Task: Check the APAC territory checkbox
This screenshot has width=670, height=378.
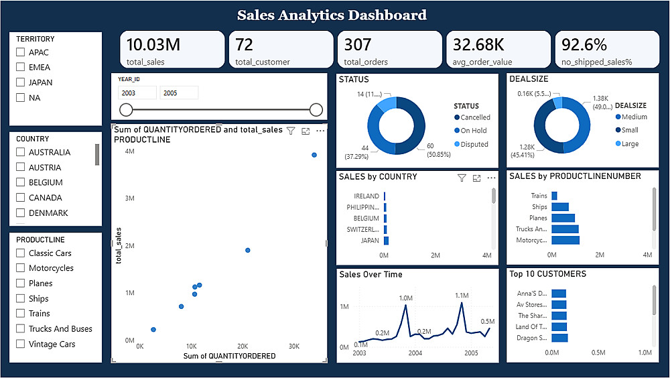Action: click(x=20, y=52)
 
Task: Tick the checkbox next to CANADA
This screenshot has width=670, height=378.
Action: click(x=20, y=197)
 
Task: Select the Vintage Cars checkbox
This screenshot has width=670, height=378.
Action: click(x=20, y=344)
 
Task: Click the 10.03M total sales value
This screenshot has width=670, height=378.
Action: click(x=153, y=44)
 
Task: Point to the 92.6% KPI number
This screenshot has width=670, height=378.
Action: click(x=584, y=44)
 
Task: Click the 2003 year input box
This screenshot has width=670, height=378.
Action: click(x=137, y=92)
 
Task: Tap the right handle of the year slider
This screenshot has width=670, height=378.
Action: click(x=316, y=110)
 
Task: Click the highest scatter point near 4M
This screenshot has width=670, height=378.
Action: click(x=314, y=155)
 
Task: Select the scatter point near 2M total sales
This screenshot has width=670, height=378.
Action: click(x=248, y=250)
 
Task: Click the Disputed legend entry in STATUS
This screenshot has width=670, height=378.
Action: click(x=471, y=144)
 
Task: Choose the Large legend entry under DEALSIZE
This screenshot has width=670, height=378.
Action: click(x=627, y=143)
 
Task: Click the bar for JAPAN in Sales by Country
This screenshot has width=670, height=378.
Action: click(x=387, y=241)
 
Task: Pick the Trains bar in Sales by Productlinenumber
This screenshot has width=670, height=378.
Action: click(x=554, y=196)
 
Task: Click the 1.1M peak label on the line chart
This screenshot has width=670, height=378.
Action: click(x=462, y=296)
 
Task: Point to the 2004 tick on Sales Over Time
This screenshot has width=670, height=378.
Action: click(x=415, y=353)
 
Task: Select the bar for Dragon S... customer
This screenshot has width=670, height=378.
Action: click(x=559, y=338)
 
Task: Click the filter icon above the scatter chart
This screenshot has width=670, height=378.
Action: click(x=291, y=131)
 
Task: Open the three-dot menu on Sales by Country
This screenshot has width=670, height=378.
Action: click(x=491, y=178)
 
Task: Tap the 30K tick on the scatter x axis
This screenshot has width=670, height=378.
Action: click(x=294, y=346)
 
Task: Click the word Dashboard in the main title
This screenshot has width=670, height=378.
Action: click(x=387, y=15)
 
